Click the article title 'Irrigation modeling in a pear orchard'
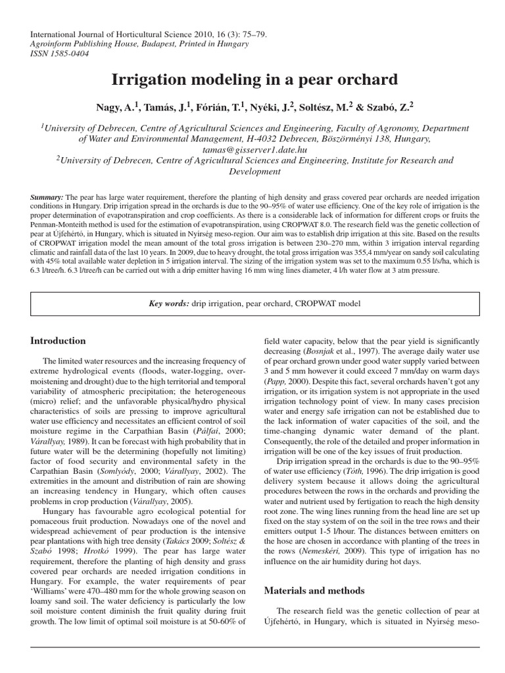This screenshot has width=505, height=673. [x=252, y=80]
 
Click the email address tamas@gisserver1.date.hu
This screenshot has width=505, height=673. [x=252, y=150]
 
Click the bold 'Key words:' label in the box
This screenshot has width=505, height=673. [x=169, y=303]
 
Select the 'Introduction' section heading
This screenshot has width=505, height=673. [x=59, y=341]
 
